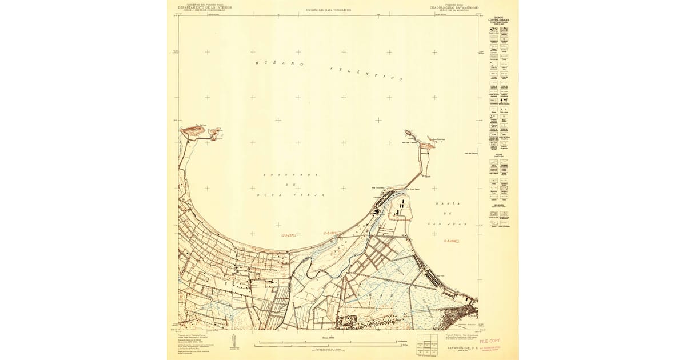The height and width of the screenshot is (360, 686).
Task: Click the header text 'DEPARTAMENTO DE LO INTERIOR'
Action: point(204,7)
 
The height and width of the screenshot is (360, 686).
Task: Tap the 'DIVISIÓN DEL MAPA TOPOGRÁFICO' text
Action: point(328,10)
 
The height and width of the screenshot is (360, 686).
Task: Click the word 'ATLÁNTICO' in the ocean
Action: point(366,74)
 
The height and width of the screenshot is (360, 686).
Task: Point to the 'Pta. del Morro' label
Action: point(470,153)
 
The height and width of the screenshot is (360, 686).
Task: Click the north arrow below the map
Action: point(232,341)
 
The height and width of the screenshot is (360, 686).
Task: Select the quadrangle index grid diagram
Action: point(427,345)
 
